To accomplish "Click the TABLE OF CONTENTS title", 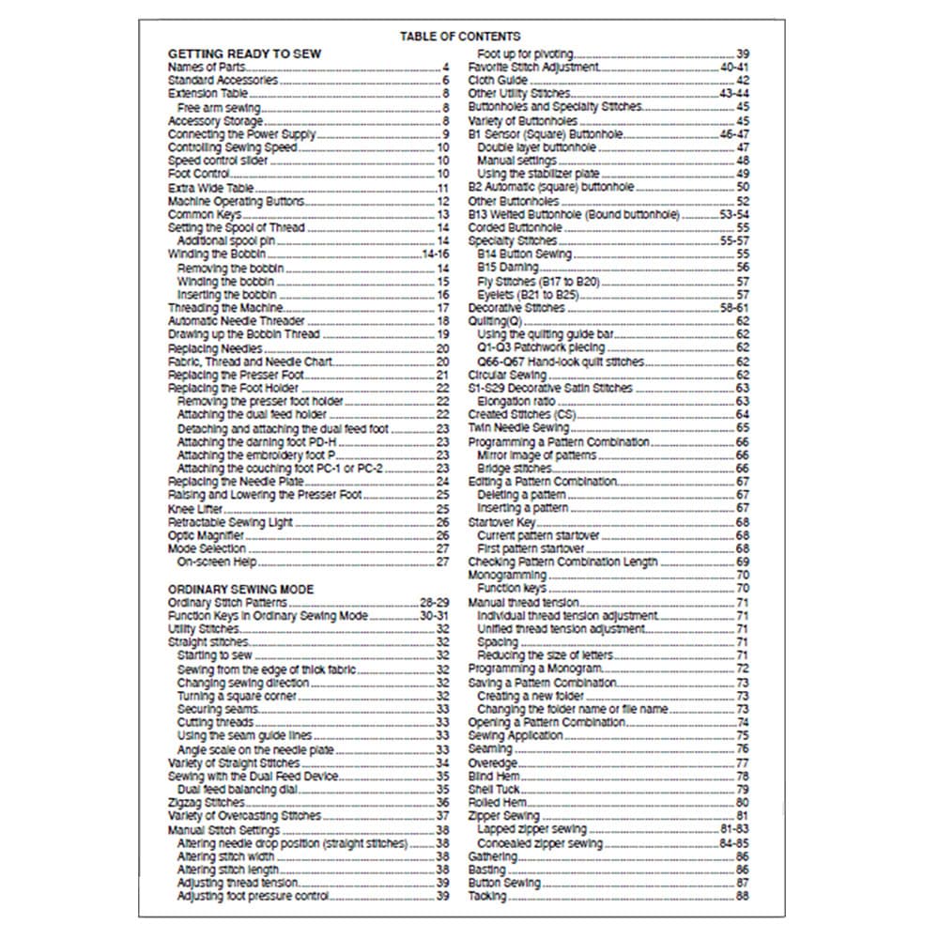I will pyautogui.click(x=459, y=36).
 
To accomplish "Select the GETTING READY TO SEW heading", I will pyautogui.click(x=244, y=54).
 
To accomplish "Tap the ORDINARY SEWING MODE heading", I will pyautogui.click(x=240, y=589).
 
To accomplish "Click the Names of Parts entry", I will pyautogui.click(x=202, y=68).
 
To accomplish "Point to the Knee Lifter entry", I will pyautogui.click(x=195, y=508).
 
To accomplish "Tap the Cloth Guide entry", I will pyautogui.click(x=499, y=81).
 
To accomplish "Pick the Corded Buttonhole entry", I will pyautogui.click(x=516, y=228).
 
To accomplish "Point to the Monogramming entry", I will pyautogui.click(x=507, y=575).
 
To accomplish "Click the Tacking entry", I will pyautogui.click(x=487, y=896).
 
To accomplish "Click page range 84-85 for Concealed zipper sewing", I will pyautogui.click(x=733, y=843).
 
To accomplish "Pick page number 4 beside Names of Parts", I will pyautogui.click(x=446, y=68).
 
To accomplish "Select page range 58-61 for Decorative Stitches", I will pyautogui.click(x=733, y=308).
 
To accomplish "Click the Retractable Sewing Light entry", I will pyautogui.click(x=230, y=522).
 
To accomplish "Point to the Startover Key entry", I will pyautogui.click(x=502, y=521).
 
